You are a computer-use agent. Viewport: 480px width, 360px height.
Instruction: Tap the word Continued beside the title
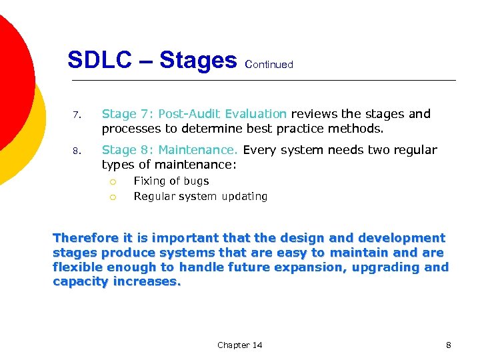pos(269,65)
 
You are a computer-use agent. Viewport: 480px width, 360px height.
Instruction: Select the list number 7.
pos(77,115)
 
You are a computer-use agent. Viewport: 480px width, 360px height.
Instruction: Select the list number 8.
pos(77,151)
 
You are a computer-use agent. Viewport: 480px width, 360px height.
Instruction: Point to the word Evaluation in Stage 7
pos(256,114)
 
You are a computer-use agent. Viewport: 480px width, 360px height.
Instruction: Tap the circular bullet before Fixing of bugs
pos(113,181)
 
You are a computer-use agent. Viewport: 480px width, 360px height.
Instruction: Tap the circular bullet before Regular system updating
pos(113,197)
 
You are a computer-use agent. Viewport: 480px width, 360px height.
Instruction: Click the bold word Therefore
pos(86,238)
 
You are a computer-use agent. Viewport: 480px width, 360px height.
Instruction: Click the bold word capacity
pos(79,282)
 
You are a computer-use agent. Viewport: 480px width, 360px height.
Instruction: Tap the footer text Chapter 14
pos(239,345)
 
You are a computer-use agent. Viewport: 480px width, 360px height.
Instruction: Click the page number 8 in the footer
pos(448,345)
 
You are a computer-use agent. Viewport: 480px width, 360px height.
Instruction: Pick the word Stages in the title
pos(198,61)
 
